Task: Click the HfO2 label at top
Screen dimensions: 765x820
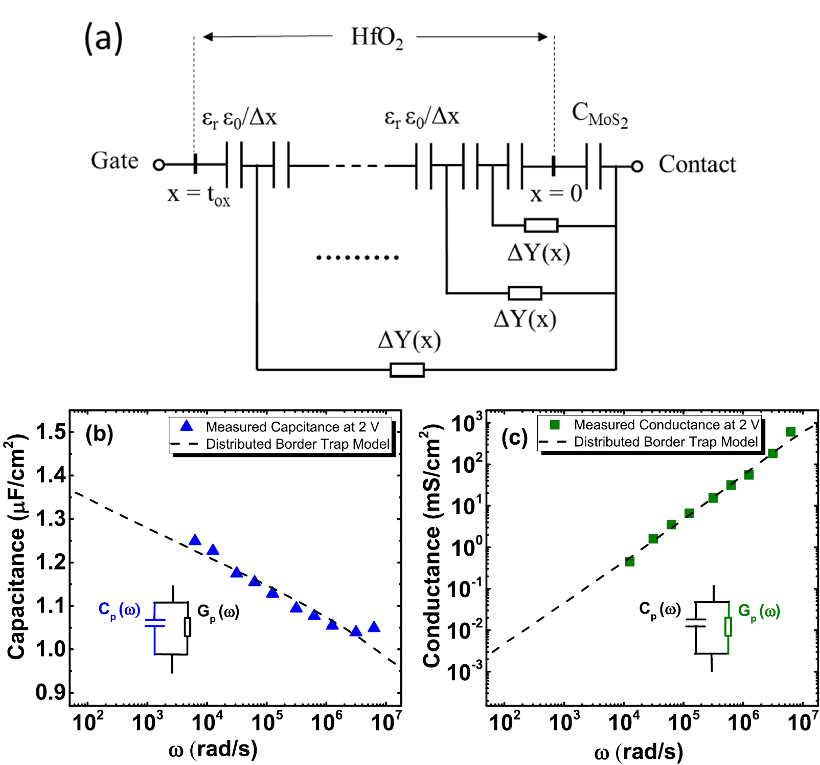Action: click(x=377, y=38)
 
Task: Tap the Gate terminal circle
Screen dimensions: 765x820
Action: click(x=159, y=165)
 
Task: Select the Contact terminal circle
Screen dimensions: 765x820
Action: click(x=636, y=166)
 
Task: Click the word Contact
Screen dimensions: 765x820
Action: click(x=697, y=164)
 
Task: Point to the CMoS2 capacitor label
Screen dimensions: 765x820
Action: click(x=599, y=115)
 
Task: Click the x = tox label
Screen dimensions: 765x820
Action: click(x=198, y=195)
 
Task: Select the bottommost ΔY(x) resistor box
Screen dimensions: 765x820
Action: click(x=407, y=369)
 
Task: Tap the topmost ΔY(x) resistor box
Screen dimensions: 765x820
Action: click(x=541, y=225)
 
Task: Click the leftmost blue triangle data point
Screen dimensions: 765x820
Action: click(x=195, y=540)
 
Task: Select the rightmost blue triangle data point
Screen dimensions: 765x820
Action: click(x=374, y=627)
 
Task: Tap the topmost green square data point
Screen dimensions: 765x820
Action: click(x=791, y=432)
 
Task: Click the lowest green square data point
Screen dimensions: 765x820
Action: click(x=630, y=562)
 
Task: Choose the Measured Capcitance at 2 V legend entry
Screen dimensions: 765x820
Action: click(x=292, y=427)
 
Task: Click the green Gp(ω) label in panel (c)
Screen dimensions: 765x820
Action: click(x=759, y=611)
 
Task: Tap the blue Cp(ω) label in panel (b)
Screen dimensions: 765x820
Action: click(x=119, y=610)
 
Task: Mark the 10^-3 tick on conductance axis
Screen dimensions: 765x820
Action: click(x=464, y=672)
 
